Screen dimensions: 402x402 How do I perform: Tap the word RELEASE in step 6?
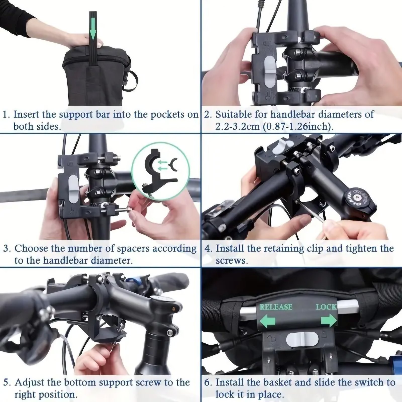276,307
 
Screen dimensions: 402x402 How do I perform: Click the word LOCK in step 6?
326,307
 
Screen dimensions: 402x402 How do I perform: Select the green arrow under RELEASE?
267,321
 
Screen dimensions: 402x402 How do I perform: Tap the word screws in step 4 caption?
232,261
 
